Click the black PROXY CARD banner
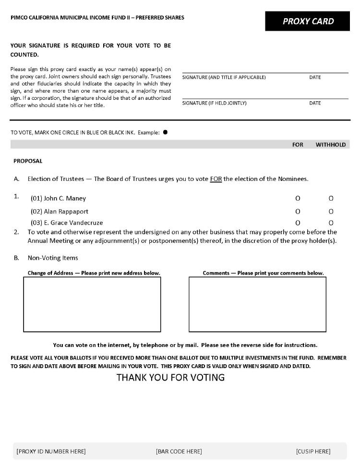[x=308, y=21]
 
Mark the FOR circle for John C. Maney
[x=298, y=198]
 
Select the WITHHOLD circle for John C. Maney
[x=331, y=198]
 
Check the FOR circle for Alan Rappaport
[x=298, y=211]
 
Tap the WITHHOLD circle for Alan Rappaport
[x=331, y=211]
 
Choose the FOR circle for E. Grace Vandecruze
[x=298, y=223]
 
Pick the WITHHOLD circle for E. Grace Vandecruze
[x=331, y=223]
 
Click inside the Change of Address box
[x=92, y=304]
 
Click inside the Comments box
[x=257, y=304]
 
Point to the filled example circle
[x=165, y=132]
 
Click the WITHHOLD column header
[x=330, y=144]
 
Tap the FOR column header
[x=298, y=144]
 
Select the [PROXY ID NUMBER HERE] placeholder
[x=51, y=451]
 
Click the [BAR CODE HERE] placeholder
[x=179, y=451]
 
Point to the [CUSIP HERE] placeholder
[x=313, y=451]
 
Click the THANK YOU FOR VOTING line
[x=170, y=377]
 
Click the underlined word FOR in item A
[x=216, y=179]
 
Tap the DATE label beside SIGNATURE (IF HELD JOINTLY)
[x=315, y=103]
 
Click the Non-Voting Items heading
[x=53, y=258]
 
